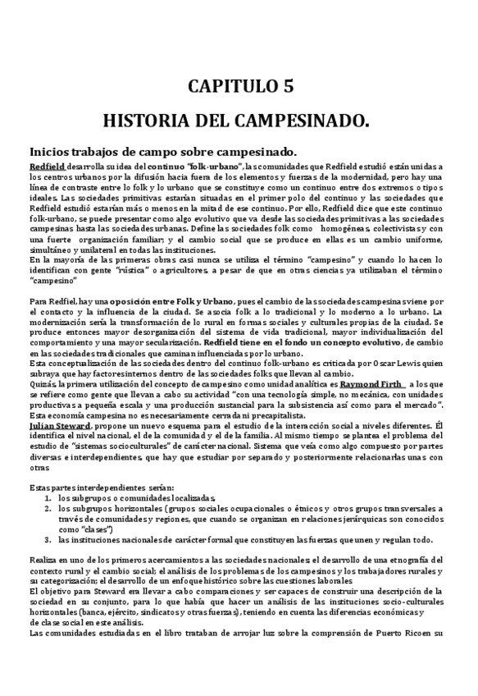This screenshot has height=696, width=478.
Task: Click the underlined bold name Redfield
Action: coord(47,166)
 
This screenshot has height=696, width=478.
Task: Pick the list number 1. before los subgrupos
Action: coord(48,497)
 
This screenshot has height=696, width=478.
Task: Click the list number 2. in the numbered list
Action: coord(48,508)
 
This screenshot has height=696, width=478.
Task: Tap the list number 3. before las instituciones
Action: coord(48,540)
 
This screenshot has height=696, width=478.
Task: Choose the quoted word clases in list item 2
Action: coord(95,529)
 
